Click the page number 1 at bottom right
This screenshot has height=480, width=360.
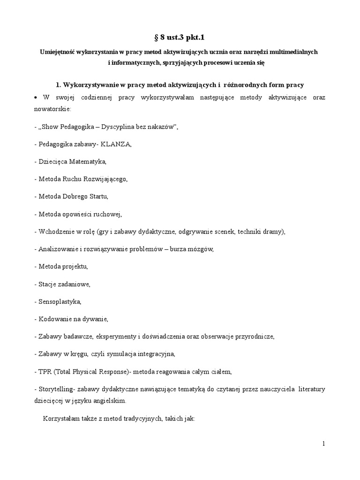tap(323, 444)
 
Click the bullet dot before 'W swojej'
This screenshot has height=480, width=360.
tap(37, 97)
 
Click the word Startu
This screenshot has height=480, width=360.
tap(98, 196)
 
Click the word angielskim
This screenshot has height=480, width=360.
tap(110, 401)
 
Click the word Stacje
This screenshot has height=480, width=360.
tap(47, 284)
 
